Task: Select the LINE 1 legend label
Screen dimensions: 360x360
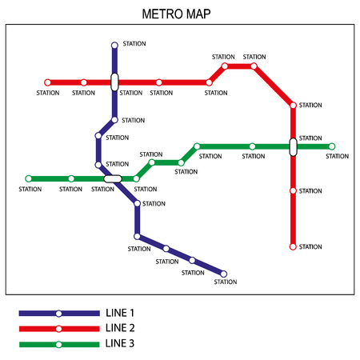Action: [121, 313]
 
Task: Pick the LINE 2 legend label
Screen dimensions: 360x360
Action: [121, 328]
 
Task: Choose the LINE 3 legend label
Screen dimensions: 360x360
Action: [121, 344]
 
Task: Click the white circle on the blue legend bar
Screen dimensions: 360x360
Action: [58, 314]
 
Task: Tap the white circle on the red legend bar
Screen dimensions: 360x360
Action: [58, 329]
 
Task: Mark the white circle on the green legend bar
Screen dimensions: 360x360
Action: [58, 344]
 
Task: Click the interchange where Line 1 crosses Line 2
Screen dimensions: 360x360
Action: [114, 82]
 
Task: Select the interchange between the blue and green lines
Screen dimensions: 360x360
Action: [113, 178]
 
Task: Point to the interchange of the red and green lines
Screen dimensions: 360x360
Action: [293, 147]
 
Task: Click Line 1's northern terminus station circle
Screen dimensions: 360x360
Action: [114, 46]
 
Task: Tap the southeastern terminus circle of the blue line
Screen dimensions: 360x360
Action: [223, 274]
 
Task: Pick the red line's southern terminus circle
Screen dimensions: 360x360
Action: [293, 246]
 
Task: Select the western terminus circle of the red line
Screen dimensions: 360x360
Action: [47, 82]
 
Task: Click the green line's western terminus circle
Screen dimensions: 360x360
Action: [29, 178]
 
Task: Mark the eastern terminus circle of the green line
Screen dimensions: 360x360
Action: [332, 146]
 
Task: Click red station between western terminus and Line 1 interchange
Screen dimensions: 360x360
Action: [83, 82]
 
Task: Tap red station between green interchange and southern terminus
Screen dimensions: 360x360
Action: [293, 190]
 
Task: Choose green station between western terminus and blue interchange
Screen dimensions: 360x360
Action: [71, 178]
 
